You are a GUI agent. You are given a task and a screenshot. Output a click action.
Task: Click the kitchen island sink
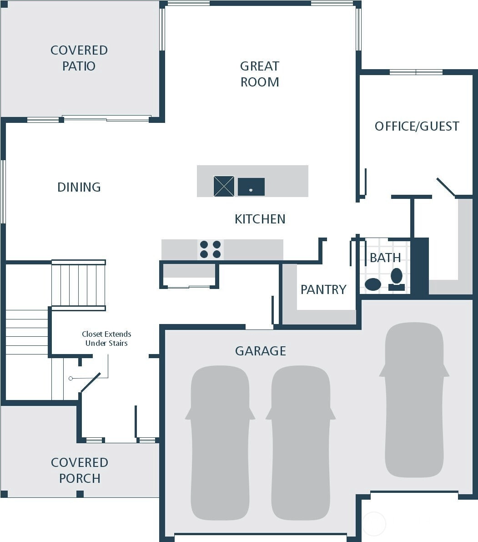click(251, 187)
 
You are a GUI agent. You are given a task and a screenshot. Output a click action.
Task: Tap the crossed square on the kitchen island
click(224, 186)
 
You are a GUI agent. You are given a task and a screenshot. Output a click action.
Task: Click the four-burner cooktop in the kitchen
click(210, 249)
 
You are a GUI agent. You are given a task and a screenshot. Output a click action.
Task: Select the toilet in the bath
click(397, 279)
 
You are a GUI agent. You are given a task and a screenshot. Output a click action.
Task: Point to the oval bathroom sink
click(372, 284)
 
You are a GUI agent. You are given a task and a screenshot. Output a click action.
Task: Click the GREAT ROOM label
click(260, 74)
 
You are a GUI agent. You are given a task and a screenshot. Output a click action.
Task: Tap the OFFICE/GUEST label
click(417, 126)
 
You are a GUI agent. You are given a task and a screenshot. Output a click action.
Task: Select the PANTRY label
click(323, 289)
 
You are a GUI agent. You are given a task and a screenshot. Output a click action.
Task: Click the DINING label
click(79, 187)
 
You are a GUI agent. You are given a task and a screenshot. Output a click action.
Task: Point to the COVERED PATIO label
click(79, 58)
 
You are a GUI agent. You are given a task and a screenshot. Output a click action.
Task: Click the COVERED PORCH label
click(80, 471)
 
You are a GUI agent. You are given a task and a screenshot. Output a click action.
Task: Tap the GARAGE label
click(261, 351)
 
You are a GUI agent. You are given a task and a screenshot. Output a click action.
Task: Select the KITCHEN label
click(260, 219)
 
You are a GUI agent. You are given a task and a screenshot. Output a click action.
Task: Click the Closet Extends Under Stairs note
click(106, 339)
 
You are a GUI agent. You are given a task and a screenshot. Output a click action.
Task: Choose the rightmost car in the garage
click(414, 400)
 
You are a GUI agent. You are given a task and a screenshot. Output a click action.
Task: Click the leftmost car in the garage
click(220, 443)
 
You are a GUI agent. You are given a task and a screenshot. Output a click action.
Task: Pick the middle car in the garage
click(301, 443)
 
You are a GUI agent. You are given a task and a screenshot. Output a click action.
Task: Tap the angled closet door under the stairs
click(91, 382)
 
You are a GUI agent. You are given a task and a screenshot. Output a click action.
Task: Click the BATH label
click(385, 258)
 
